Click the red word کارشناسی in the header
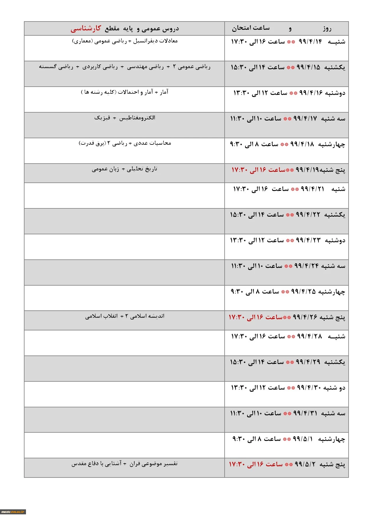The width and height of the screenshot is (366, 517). (86, 29)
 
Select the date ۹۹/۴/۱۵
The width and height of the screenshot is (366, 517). (308, 67)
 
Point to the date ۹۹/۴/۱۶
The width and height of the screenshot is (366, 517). (311, 93)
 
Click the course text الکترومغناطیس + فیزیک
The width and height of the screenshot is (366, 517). (125, 118)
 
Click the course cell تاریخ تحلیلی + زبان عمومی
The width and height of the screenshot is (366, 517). (124, 169)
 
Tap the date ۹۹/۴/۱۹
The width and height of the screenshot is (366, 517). (307, 170)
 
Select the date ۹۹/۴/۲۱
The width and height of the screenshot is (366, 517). (312, 189)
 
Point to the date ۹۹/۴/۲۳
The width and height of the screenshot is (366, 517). (308, 241)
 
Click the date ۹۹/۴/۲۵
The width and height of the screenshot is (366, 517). (303, 292)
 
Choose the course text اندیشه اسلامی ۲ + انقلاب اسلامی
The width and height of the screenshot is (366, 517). (125, 316)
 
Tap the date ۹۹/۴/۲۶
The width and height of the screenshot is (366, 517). (305, 317)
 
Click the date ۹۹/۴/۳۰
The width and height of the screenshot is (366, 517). (309, 388)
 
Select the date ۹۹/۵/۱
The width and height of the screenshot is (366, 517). (303, 439)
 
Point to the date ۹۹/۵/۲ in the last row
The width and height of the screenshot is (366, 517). (305, 465)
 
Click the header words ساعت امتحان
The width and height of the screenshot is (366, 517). (251, 28)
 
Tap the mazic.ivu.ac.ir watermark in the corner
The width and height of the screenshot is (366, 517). (13, 512)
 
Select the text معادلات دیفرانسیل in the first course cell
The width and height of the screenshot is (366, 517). (155, 41)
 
